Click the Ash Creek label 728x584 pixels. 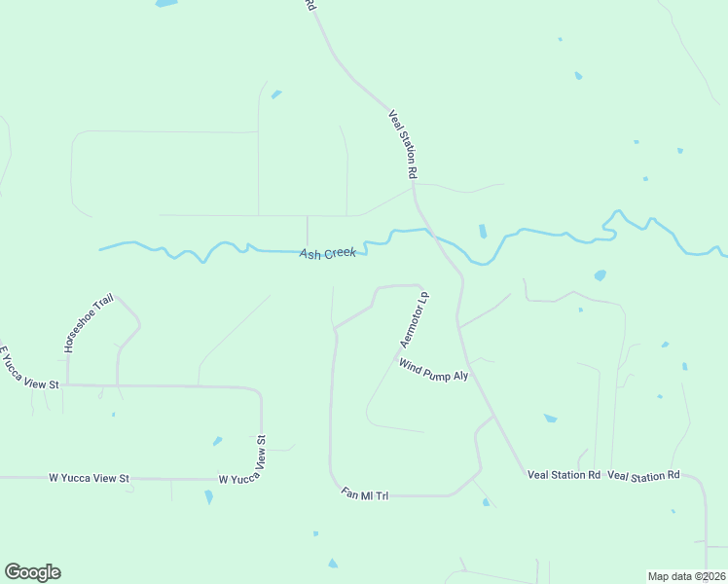[328, 253]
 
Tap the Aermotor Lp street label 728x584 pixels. [415, 319]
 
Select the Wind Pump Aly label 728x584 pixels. [434, 370]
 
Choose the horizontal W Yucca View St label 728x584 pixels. [90, 479]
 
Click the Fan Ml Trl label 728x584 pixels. [365, 494]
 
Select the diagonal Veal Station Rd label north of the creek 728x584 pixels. [403, 143]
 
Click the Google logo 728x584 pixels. [32, 572]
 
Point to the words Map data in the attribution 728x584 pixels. [669, 576]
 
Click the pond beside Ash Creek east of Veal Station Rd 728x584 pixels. [483, 232]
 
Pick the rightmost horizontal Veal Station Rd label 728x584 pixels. [643, 475]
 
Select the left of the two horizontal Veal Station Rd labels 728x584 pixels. [564, 475]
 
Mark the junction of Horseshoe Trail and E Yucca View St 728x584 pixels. [68, 384]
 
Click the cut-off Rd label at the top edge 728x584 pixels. [310, 5]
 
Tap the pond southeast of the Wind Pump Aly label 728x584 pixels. [550, 419]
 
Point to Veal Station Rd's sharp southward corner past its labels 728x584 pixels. [702, 480]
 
